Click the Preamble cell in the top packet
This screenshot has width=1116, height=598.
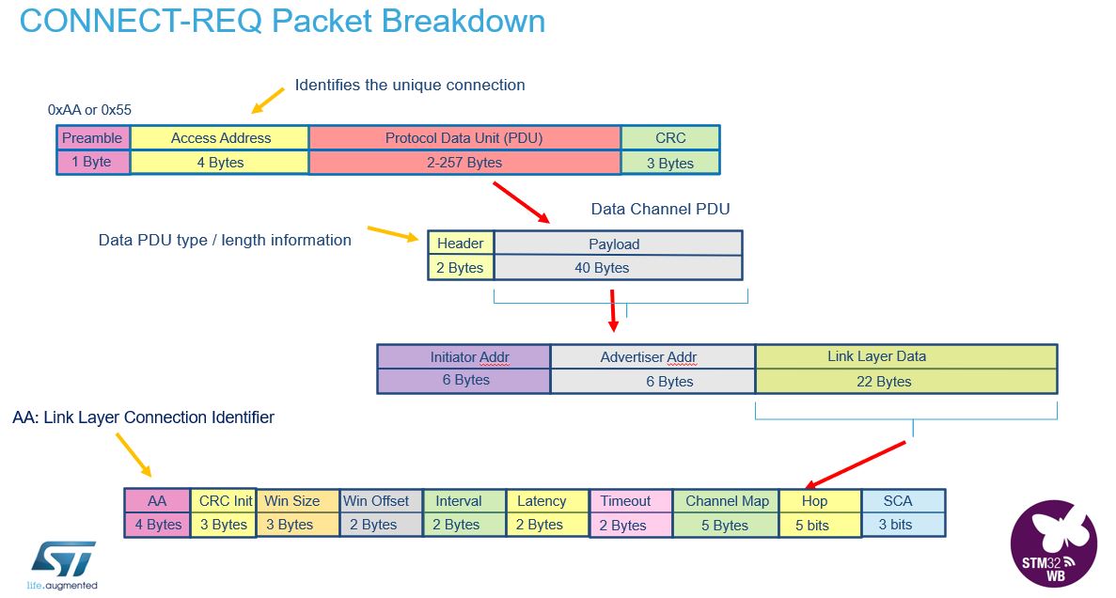[92, 138]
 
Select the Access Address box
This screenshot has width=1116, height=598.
[220, 138]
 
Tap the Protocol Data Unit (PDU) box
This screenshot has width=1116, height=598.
[464, 138]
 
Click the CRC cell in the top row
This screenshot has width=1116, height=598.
[670, 138]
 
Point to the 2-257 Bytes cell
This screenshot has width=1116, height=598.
[464, 163]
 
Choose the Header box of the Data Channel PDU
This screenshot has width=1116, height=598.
[460, 244]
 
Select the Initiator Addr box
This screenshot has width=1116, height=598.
[464, 357]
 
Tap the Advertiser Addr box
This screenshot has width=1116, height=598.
[652, 357]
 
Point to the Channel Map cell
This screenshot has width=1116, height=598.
[727, 501]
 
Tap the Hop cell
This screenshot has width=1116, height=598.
[813, 501]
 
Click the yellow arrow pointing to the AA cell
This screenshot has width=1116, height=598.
[133, 455]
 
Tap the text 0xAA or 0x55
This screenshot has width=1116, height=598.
[89, 110]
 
